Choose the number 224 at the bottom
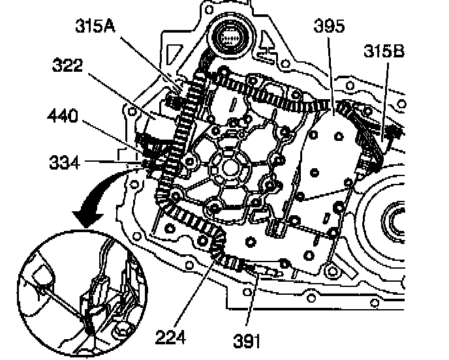point(171,337)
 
